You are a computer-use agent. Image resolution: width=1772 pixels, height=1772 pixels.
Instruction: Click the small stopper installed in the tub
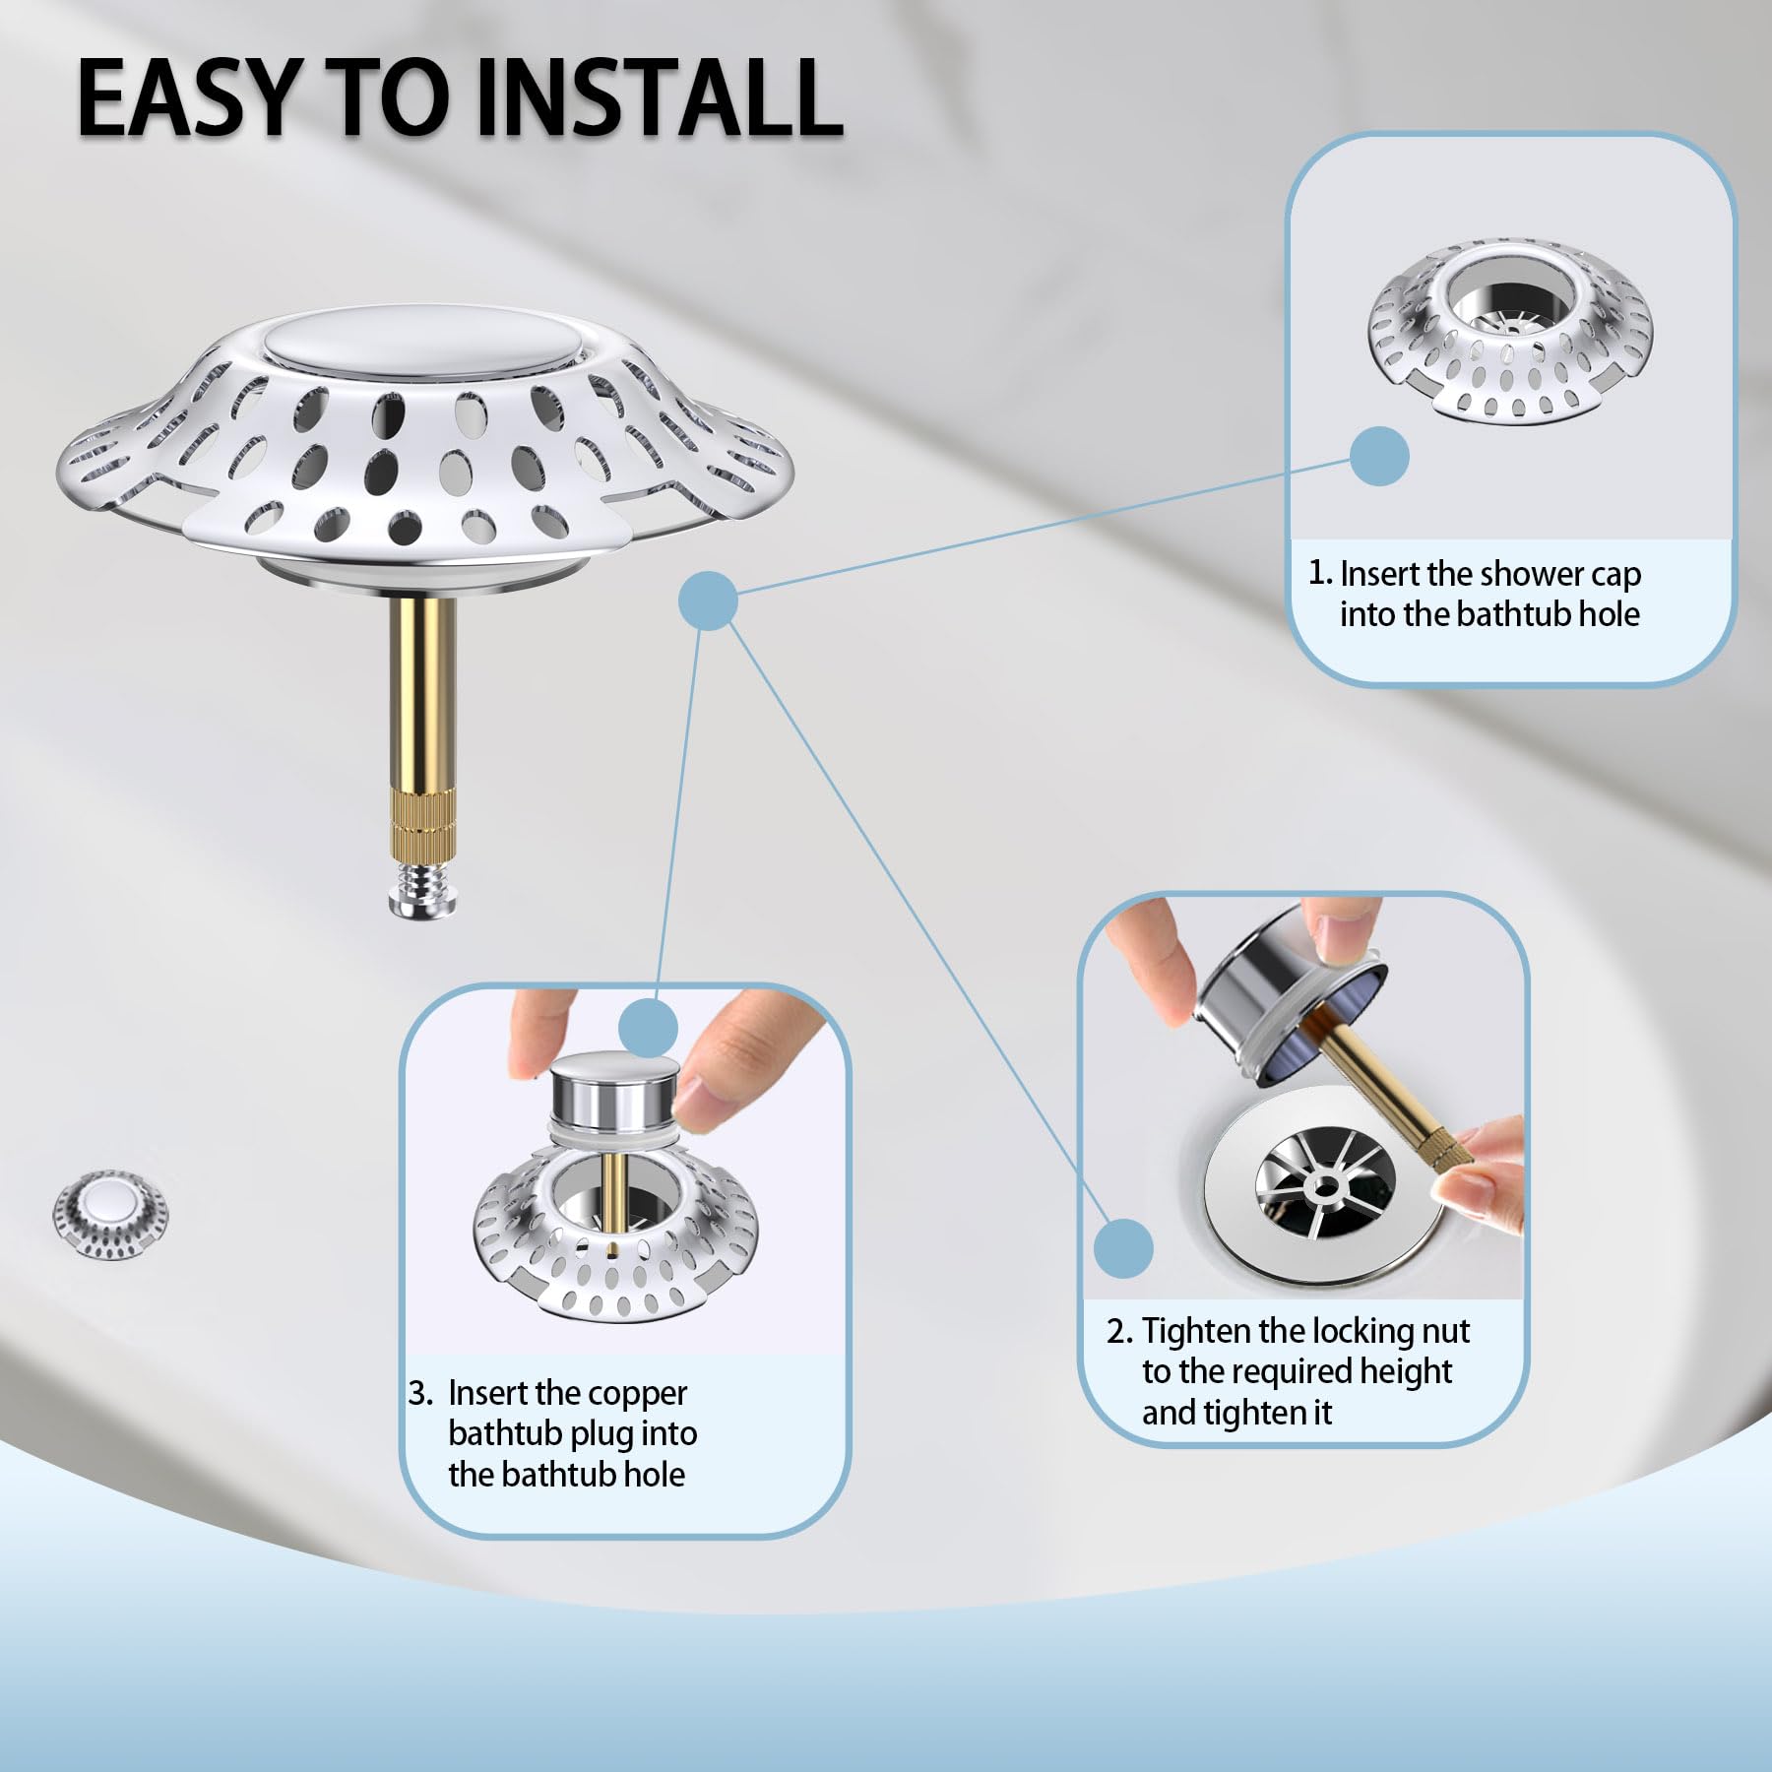(110, 1214)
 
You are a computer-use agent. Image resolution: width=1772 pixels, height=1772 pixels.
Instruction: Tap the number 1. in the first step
(1320, 573)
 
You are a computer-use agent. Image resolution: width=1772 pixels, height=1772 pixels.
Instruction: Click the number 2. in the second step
(1120, 1331)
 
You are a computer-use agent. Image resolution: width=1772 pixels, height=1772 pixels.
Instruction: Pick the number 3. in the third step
(421, 1393)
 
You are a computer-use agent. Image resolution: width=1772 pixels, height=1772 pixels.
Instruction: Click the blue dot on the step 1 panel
(1379, 456)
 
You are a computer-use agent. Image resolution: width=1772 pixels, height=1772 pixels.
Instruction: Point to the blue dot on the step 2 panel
(1123, 1248)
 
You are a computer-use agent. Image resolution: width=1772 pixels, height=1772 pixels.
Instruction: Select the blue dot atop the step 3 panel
(649, 1028)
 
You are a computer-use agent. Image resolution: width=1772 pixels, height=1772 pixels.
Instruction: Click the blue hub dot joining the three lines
(709, 600)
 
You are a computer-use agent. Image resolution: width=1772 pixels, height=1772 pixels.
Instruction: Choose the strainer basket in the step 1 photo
(1509, 331)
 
